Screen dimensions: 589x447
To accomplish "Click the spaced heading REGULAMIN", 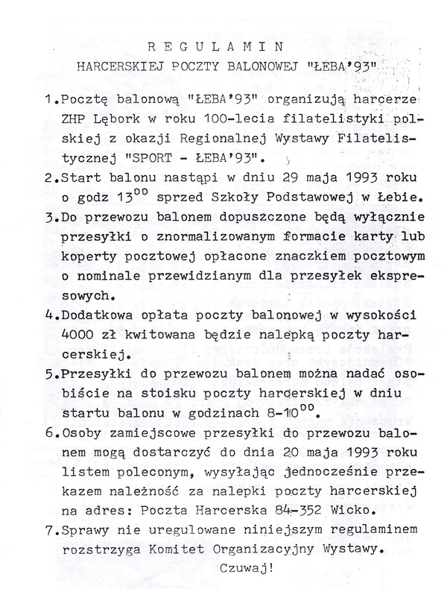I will point(223,45).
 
